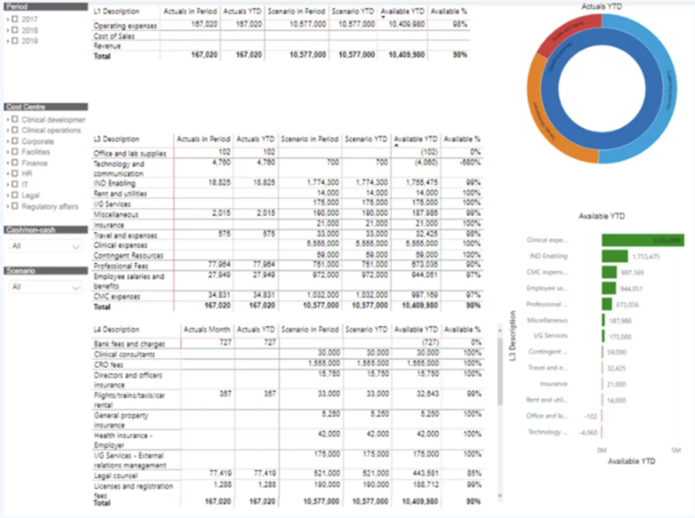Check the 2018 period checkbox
[x=15, y=30]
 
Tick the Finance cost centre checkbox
[x=15, y=163]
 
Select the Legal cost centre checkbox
[x=15, y=195]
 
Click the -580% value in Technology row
[x=470, y=164]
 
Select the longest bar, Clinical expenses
[x=643, y=240]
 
